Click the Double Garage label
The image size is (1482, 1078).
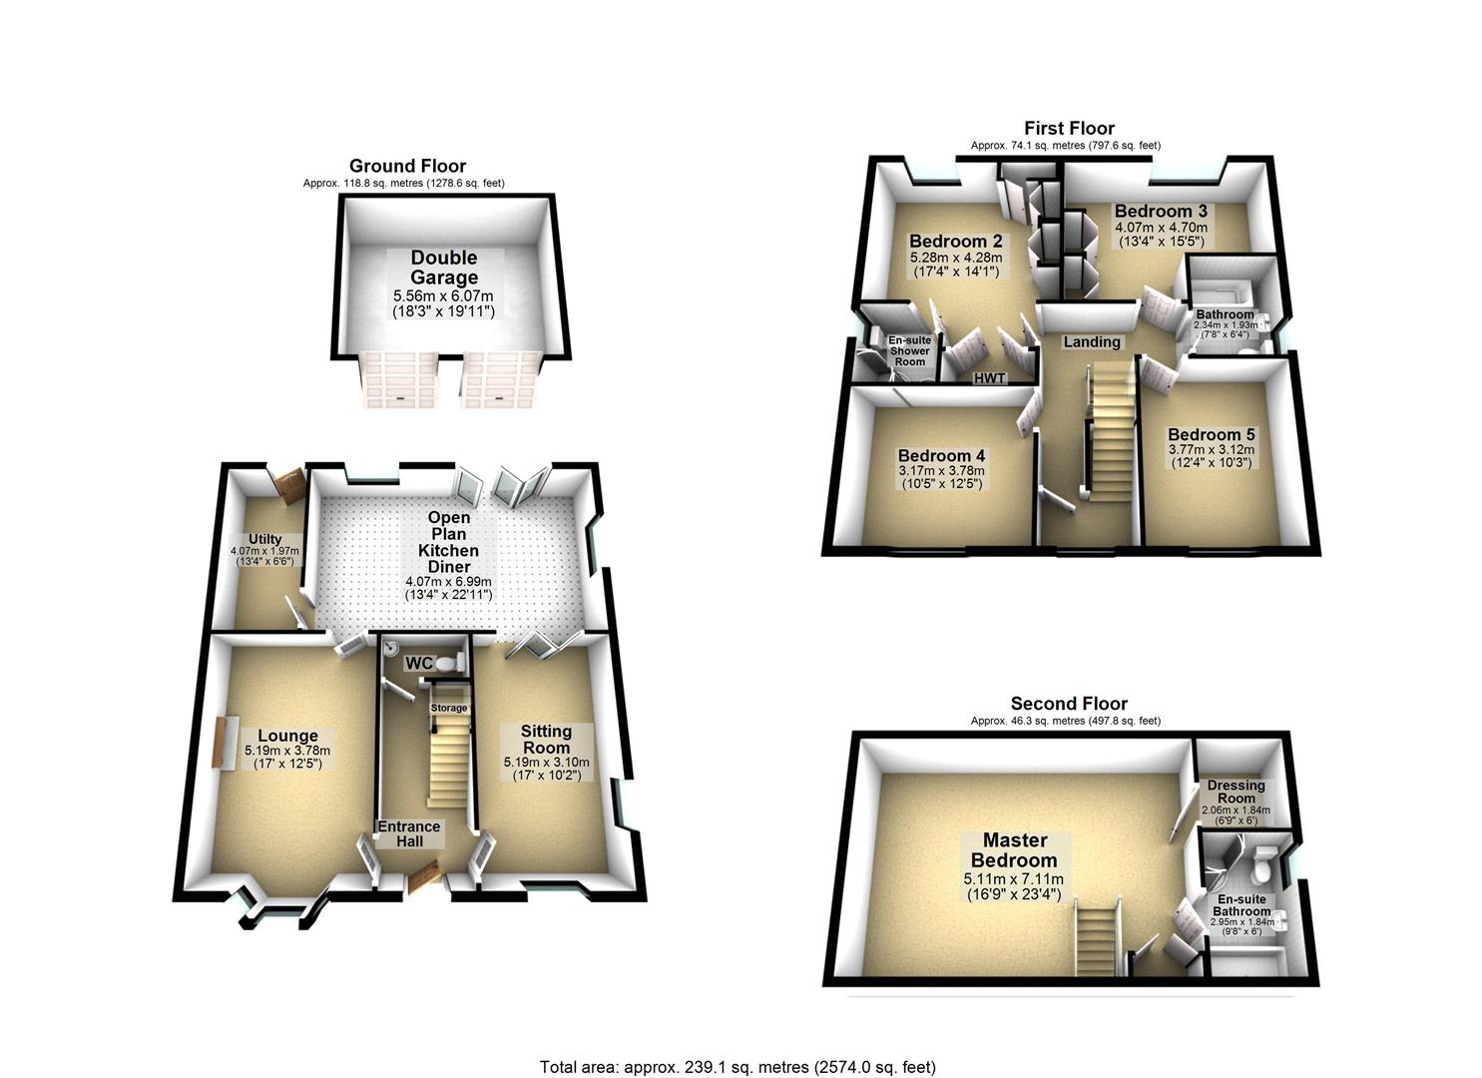pos(444,268)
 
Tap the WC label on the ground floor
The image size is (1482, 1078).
pos(418,663)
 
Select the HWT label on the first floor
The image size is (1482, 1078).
pos(989,378)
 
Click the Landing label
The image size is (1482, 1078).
pos(1091,342)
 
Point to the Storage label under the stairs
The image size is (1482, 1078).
pos(448,708)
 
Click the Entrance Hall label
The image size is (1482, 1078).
pos(408,833)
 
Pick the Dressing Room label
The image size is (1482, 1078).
pos(1235,792)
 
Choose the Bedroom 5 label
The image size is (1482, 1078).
pos(1212,435)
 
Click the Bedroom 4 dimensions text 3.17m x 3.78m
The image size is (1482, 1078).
pos(940,471)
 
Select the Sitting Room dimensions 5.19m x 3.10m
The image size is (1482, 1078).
pos(546,763)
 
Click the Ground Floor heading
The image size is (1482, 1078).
pos(407,167)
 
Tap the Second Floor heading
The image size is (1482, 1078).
pos(1069,704)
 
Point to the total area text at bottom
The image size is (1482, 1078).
pos(738,1067)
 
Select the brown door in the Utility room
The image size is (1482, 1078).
pos(291,485)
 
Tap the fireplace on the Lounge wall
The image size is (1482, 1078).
pos(218,743)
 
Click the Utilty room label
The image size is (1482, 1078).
pos(264,540)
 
